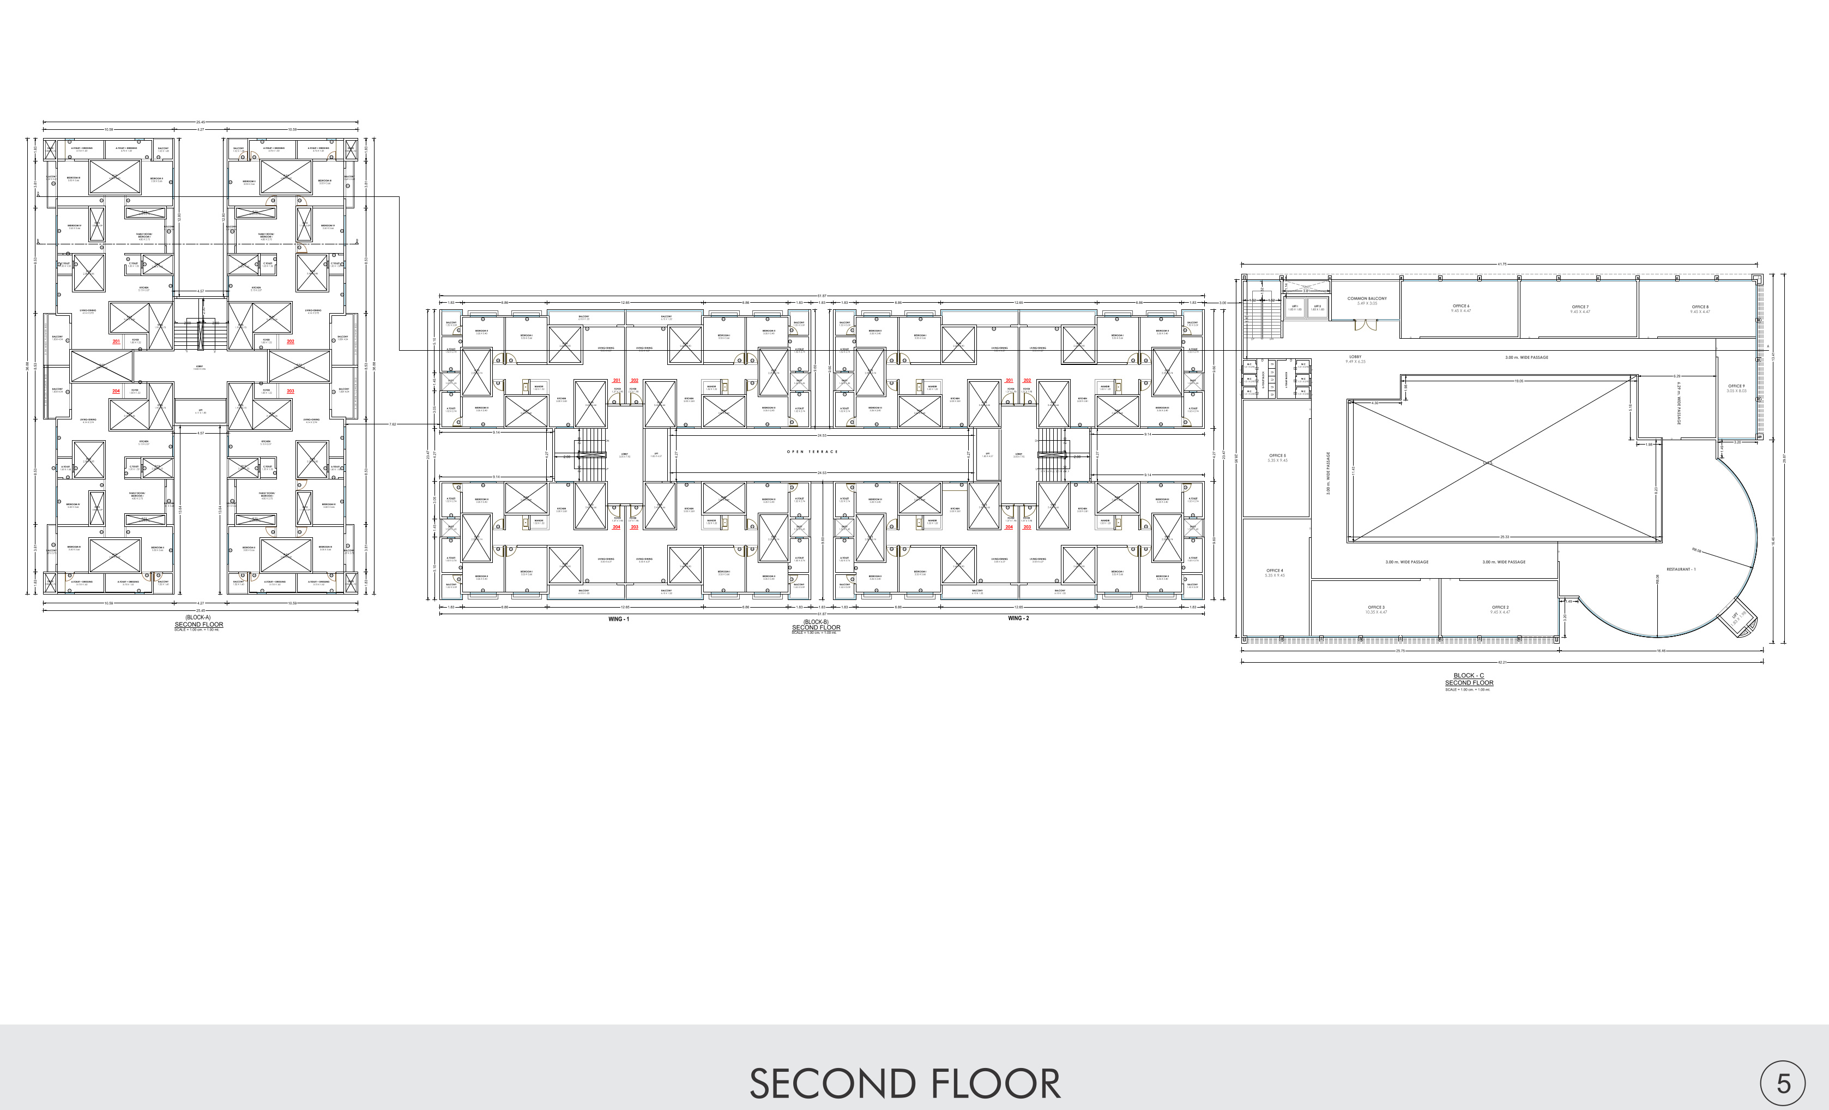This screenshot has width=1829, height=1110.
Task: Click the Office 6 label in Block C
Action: pyautogui.click(x=1461, y=306)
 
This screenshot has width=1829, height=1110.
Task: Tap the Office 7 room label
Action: pyautogui.click(x=1580, y=307)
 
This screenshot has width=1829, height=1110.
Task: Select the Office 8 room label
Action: pyautogui.click(x=1700, y=307)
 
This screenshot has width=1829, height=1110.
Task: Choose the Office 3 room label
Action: pyautogui.click(x=1375, y=607)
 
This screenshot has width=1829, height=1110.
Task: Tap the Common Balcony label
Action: pyautogui.click(x=1367, y=298)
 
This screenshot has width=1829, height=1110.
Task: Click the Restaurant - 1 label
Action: pyautogui.click(x=1681, y=569)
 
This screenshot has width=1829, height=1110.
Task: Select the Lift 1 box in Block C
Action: pyautogui.click(x=1295, y=307)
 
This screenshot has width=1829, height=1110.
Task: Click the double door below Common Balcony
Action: pyautogui.click(x=1365, y=325)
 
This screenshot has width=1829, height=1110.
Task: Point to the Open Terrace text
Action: pyautogui.click(x=812, y=452)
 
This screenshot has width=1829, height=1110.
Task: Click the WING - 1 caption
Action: pyautogui.click(x=618, y=619)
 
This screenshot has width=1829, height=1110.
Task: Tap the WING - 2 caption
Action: pyautogui.click(x=1018, y=619)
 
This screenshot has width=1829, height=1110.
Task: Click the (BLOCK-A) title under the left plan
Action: pyautogui.click(x=198, y=618)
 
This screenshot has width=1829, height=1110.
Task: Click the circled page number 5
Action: pyautogui.click(x=1783, y=1084)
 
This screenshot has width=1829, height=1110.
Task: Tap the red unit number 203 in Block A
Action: pyautogui.click(x=290, y=391)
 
